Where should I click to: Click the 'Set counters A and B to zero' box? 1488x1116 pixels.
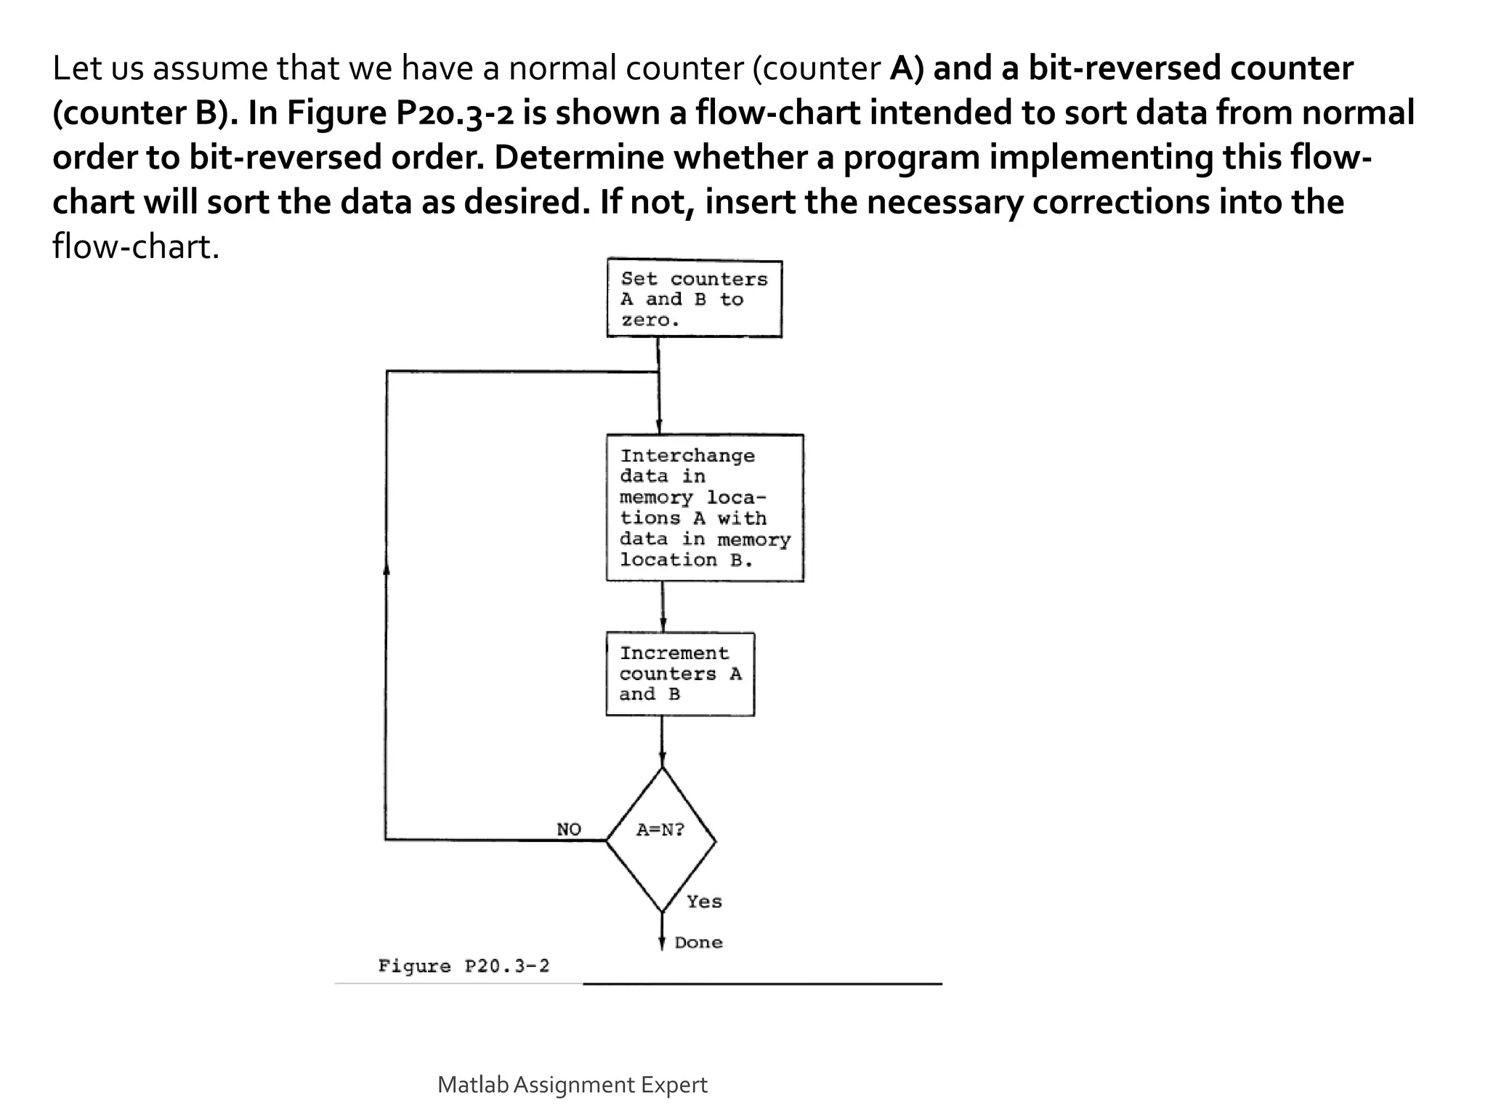point(694,298)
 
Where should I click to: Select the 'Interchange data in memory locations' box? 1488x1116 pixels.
point(704,507)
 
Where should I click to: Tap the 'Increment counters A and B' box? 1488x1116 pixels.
point(680,674)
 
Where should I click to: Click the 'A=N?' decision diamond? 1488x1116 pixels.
point(661,840)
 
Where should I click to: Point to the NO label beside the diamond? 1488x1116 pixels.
point(569,829)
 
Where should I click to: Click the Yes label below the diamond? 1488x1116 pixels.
point(704,902)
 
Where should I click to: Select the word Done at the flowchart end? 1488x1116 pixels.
point(698,942)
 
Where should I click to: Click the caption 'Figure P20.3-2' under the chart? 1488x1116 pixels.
point(464,966)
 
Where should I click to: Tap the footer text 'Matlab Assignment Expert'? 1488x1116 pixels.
point(572,1085)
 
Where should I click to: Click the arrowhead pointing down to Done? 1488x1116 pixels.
point(662,942)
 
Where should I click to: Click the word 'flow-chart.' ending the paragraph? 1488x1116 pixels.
point(136,247)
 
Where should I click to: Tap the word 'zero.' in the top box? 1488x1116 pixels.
point(650,320)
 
